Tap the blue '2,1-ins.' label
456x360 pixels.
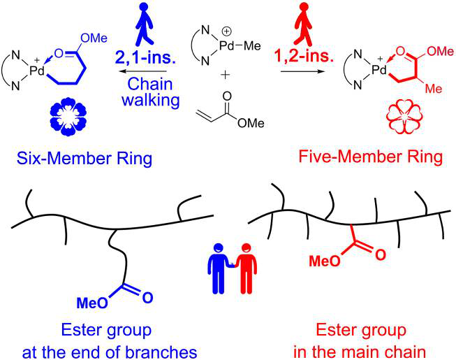[147, 53]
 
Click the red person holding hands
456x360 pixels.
[244, 266]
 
